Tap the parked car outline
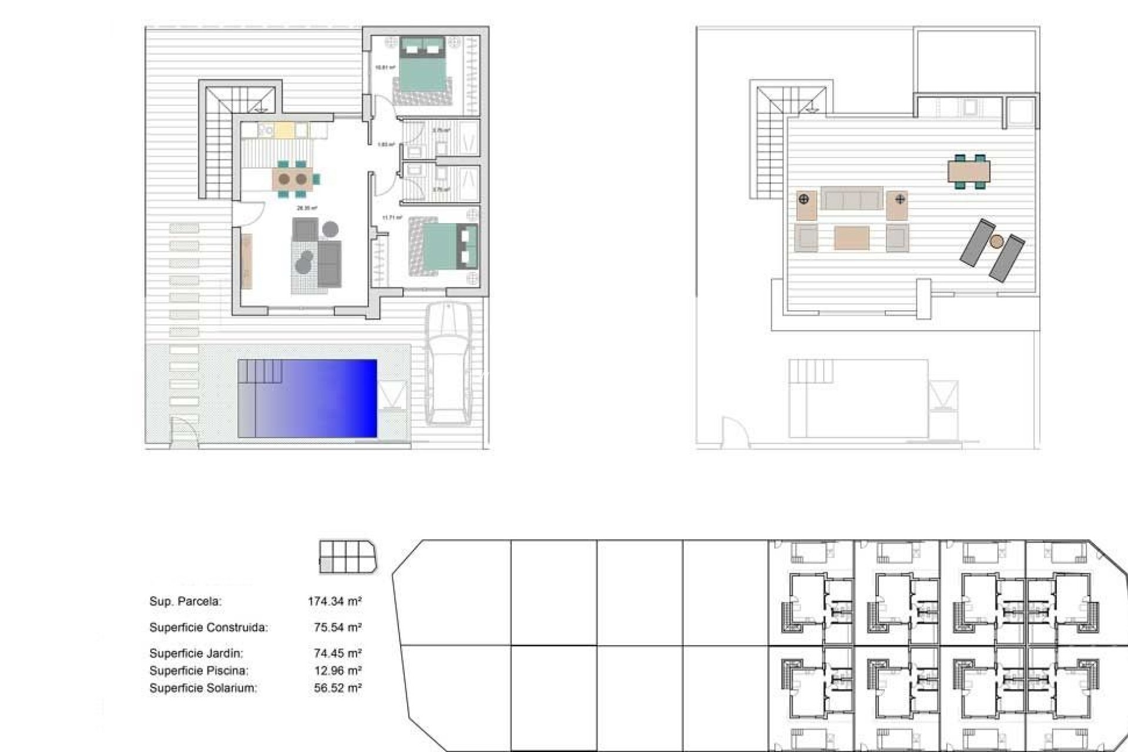point(448,364)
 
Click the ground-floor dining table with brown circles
point(293,178)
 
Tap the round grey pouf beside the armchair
point(330,228)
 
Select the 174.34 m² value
point(334,601)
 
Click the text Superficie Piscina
point(199,670)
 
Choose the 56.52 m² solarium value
point(337,688)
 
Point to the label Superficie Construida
point(209,627)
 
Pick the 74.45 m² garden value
point(337,653)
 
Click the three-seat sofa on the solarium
point(851,199)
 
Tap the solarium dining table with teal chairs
point(969,172)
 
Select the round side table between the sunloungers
point(996,241)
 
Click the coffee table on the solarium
point(851,238)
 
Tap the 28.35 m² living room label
point(307,208)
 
